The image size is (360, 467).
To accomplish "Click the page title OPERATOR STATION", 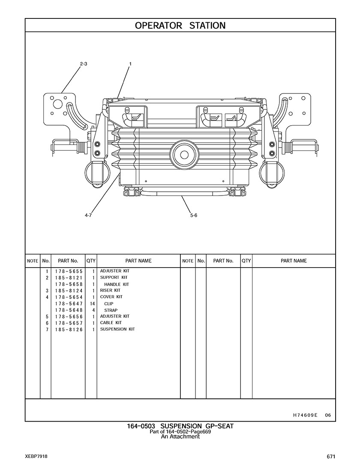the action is tap(180, 26).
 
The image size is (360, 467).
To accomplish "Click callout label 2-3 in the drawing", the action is tap(84, 64).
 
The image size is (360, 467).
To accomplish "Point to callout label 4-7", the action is tap(88, 215).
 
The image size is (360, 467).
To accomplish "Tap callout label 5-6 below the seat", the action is tap(194, 215).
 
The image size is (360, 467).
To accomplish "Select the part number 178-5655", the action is tap(69, 271).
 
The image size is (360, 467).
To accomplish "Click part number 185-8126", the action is tap(69, 330).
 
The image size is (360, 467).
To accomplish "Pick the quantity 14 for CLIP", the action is tap(92, 304).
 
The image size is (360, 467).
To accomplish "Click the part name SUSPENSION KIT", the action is tap(117, 329).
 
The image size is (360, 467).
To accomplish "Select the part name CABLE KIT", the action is tap(111, 322).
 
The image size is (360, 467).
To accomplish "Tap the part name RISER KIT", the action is tap(110, 290).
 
